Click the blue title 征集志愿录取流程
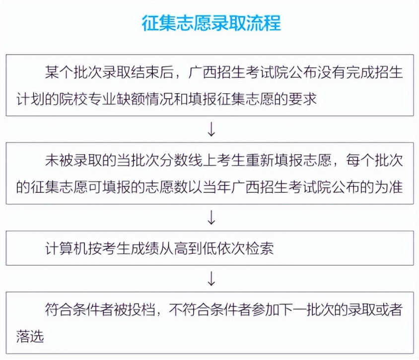click(211, 23)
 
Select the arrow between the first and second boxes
click(211, 129)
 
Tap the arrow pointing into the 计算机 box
click(211, 217)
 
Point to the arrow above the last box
click(211, 278)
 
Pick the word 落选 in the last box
click(30, 336)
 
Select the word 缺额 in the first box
click(138, 99)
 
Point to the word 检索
click(259, 248)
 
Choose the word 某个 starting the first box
click(59, 72)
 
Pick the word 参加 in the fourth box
click(266, 309)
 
